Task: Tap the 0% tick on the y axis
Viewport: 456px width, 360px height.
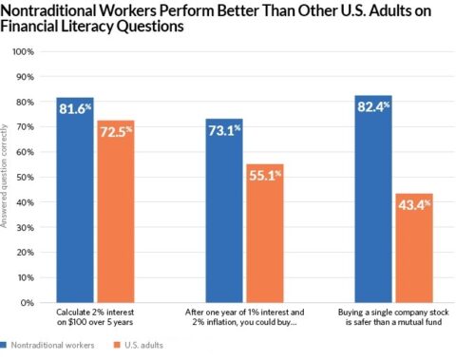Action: click(x=27, y=303)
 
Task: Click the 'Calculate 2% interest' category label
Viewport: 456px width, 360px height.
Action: click(x=94, y=317)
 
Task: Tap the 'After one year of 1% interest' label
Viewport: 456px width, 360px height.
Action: click(x=243, y=317)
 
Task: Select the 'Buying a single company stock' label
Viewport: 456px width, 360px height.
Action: click(x=393, y=317)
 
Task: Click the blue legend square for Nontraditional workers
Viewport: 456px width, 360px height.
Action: click(x=5, y=346)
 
